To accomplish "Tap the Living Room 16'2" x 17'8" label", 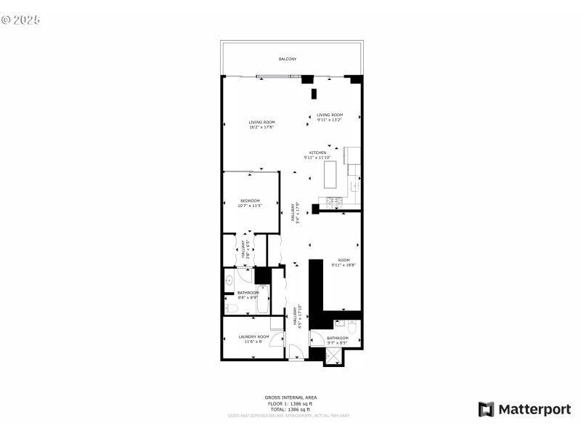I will [x=261, y=124].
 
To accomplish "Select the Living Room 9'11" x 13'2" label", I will [x=329, y=117].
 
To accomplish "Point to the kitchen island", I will [x=330, y=174].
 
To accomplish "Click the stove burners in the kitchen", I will [x=336, y=201].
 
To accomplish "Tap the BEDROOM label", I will [x=250, y=203].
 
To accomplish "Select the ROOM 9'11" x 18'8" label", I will [x=344, y=262].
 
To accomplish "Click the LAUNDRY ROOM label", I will [x=253, y=339].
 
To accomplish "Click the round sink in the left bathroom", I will [x=229, y=280].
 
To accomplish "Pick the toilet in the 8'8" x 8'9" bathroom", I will [x=230, y=308].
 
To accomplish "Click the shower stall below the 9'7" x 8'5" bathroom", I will [x=333, y=356].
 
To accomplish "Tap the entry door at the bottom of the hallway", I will [x=296, y=354].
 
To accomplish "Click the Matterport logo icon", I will [x=486, y=409].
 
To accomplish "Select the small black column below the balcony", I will [x=314, y=94].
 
